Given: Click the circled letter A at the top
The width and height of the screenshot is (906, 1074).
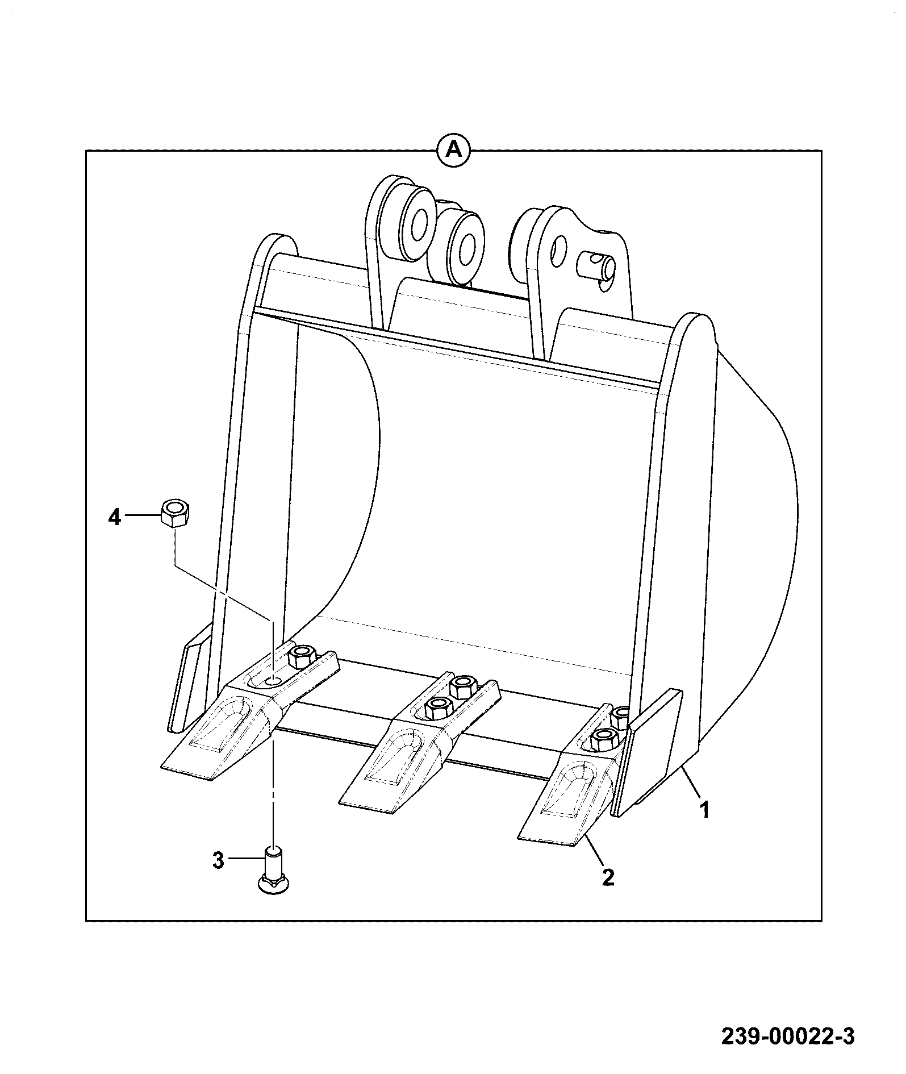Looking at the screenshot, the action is click(453, 150).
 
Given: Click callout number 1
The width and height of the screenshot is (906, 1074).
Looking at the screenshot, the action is click(704, 809).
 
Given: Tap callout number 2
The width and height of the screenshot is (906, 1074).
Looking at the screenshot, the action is click(608, 893).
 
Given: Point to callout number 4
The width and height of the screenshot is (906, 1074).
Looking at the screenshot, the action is click(115, 518).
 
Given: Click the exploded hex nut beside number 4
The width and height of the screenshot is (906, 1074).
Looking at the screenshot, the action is click(175, 513).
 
